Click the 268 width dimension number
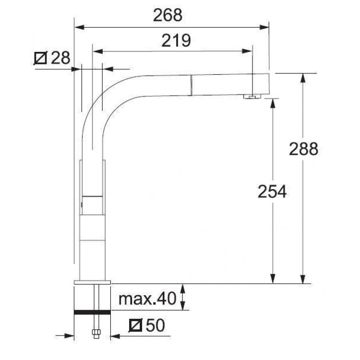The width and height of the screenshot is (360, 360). [x=168, y=15]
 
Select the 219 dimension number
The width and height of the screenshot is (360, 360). [x=176, y=41]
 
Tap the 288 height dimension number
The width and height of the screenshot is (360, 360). [x=303, y=149]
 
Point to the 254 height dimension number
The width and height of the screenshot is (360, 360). [x=272, y=191]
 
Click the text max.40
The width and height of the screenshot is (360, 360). [x=147, y=299]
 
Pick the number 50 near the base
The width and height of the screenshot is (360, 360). [x=156, y=325]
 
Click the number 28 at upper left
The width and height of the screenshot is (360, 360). [x=60, y=58]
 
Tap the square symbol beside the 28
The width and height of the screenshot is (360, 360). [x=41, y=58]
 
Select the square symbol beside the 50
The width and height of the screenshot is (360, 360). [x=136, y=325]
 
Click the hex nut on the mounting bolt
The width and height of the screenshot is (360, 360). [x=96, y=332]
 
